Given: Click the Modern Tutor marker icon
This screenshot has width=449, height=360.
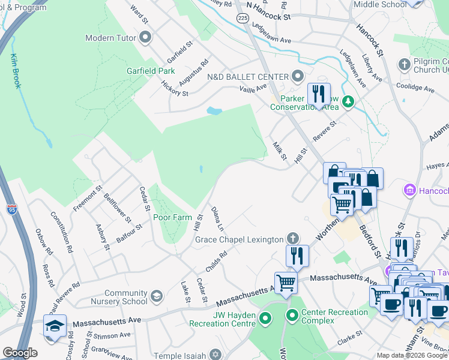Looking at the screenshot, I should (x=145, y=38).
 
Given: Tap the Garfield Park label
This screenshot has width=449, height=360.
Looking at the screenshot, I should (x=150, y=71).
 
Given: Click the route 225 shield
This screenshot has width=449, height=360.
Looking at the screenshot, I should (x=242, y=19).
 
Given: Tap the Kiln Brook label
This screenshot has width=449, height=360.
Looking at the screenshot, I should (x=16, y=71).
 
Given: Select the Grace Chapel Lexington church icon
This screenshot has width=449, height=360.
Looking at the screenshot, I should (x=292, y=239).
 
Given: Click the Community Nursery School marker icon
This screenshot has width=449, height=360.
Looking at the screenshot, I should (x=157, y=296).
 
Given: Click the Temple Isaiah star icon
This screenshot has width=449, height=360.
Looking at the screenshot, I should (x=217, y=355).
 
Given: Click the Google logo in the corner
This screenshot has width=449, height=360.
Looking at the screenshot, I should (x=20, y=353).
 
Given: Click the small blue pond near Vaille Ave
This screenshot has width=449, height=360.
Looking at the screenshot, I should (x=213, y=111).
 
